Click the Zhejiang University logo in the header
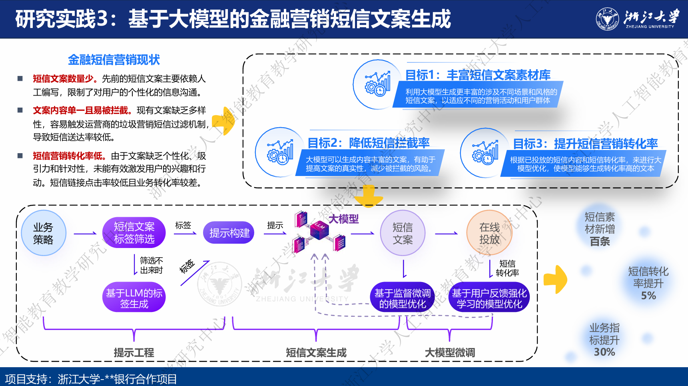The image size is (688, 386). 637,19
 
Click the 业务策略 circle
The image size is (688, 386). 43,233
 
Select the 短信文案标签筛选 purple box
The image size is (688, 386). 134,232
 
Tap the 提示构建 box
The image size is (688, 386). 229,233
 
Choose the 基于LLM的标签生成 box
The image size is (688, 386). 134,298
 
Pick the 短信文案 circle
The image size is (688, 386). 403,233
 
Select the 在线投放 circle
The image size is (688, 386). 489,233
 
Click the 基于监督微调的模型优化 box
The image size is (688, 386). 402,298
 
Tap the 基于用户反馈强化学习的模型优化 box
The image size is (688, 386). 489,298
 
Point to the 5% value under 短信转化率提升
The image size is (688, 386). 648,296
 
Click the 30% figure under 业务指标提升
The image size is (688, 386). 604,352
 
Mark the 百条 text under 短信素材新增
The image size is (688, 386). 600,242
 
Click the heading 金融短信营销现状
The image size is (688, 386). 114,60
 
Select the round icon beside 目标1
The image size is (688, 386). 377,84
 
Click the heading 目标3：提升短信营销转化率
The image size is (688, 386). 585,143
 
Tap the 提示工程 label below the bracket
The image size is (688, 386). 134,352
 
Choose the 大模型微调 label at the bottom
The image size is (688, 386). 450,352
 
